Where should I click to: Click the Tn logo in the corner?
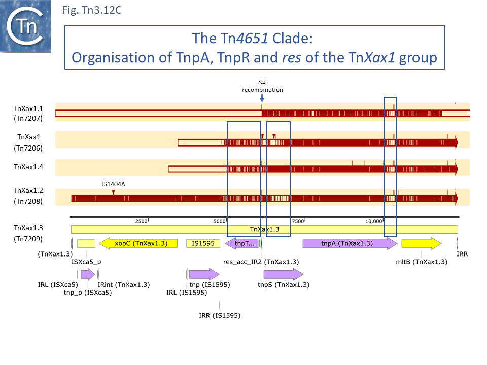tap(26, 26)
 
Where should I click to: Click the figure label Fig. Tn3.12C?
tap(91, 10)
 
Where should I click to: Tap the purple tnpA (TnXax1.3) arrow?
tap(350, 243)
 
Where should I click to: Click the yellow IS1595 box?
tap(203, 243)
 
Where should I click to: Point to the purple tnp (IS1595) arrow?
tap(204, 274)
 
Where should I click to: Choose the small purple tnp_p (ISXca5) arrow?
tap(88, 274)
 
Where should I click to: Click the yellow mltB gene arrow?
tap(421, 243)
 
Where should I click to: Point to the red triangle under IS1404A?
tap(114, 192)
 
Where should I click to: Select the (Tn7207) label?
tap(28, 119)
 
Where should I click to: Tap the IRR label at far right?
tap(462, 253)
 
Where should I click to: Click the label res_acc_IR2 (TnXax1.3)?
tap(261, 262)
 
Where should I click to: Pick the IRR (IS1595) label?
tap(220, 315)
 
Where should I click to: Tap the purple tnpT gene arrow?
tap(242, 243)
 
